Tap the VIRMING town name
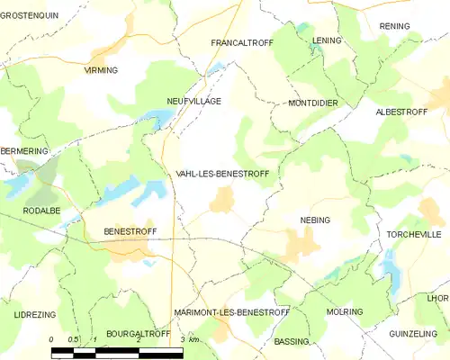click(101, 70)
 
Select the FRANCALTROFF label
click(240, 42)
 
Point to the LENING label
click(328, 41)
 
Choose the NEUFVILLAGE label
click(193, 102)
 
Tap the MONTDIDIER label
click(313, 103)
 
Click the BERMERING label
click(23, 151)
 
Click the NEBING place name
click(315, 220)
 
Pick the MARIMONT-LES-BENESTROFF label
click(231, 312)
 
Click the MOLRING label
click(345, 312)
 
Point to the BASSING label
click(291, 342)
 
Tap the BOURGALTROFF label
click(138, 334)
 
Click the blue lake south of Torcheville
click(391, 266)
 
